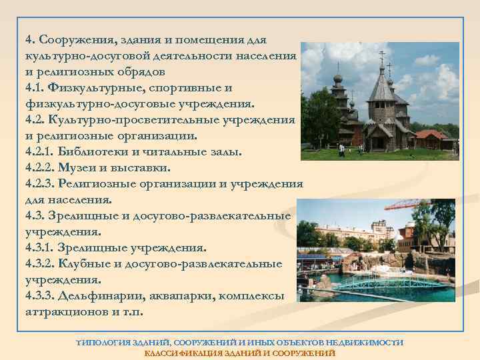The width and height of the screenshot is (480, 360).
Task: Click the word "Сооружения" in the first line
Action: click(73, 38)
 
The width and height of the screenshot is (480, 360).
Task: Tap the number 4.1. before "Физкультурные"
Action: click(37, 87)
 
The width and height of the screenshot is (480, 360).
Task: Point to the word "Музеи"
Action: click(83, 167)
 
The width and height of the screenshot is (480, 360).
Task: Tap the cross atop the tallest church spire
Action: click(382, 55)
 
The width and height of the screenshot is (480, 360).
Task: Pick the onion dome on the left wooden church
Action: click(338, 78)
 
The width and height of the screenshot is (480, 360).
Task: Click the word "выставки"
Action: click(144, 167)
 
